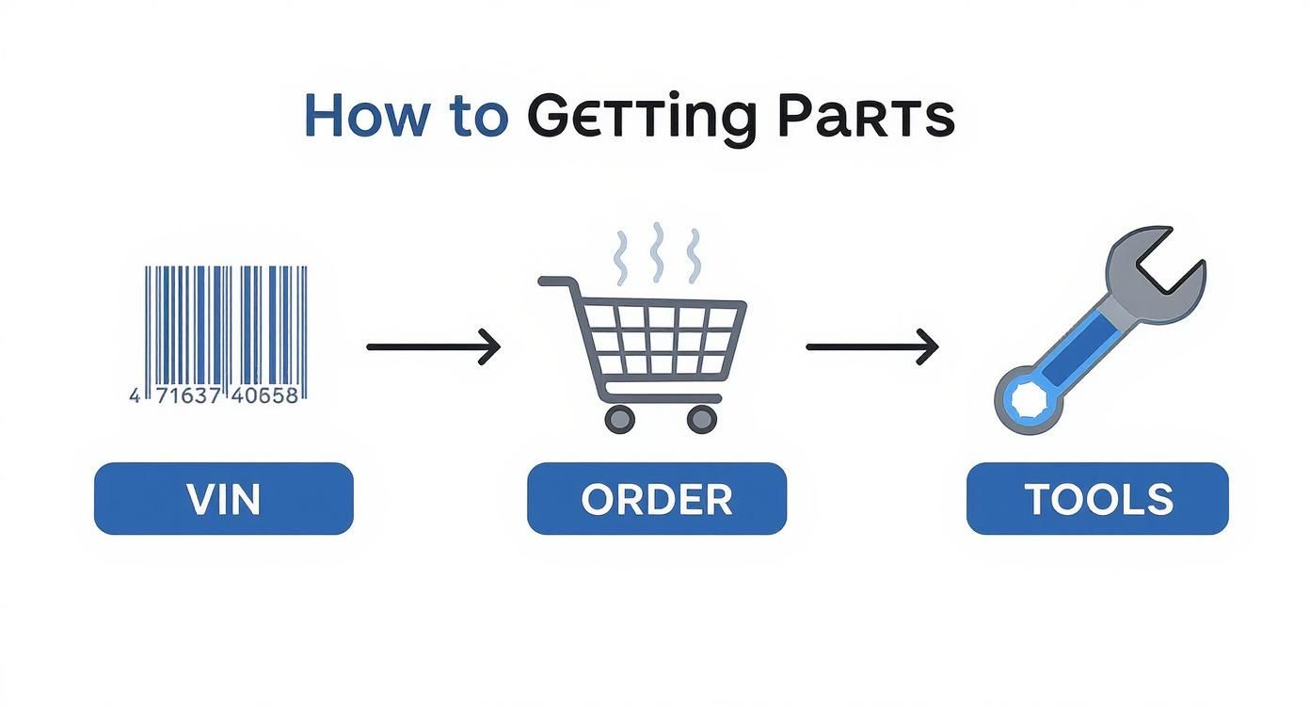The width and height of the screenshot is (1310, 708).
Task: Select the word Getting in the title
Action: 641,119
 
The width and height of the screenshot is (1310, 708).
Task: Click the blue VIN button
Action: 224,499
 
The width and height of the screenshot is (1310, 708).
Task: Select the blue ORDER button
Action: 656,499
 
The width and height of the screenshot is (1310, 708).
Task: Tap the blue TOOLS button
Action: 1097,499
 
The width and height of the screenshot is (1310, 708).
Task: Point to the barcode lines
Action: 226,325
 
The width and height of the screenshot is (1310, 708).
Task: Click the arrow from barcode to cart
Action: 433,346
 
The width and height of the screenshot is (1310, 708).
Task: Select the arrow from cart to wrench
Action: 872,346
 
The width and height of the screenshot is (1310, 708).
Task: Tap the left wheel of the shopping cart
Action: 619,418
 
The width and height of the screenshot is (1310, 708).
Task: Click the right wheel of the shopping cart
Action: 702,418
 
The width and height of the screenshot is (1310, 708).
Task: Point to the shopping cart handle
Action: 555,282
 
